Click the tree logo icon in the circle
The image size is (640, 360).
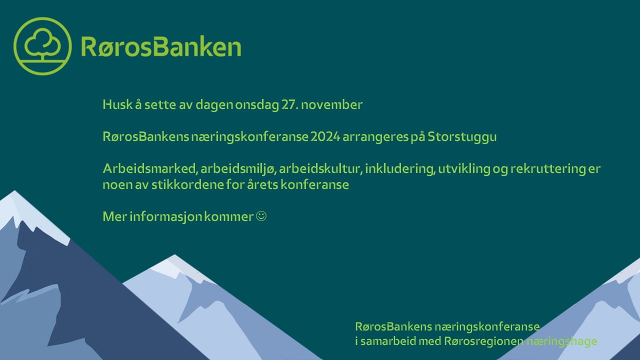[43, 46]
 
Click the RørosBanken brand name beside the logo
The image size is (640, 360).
[160, 47]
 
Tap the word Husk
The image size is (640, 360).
[114, 105]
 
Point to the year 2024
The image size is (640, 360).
[325, 137]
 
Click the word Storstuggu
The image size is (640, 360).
[462, 137]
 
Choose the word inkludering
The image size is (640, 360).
[399, 169]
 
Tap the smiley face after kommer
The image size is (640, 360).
[261, 216]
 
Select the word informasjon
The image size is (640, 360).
[164, 216]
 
